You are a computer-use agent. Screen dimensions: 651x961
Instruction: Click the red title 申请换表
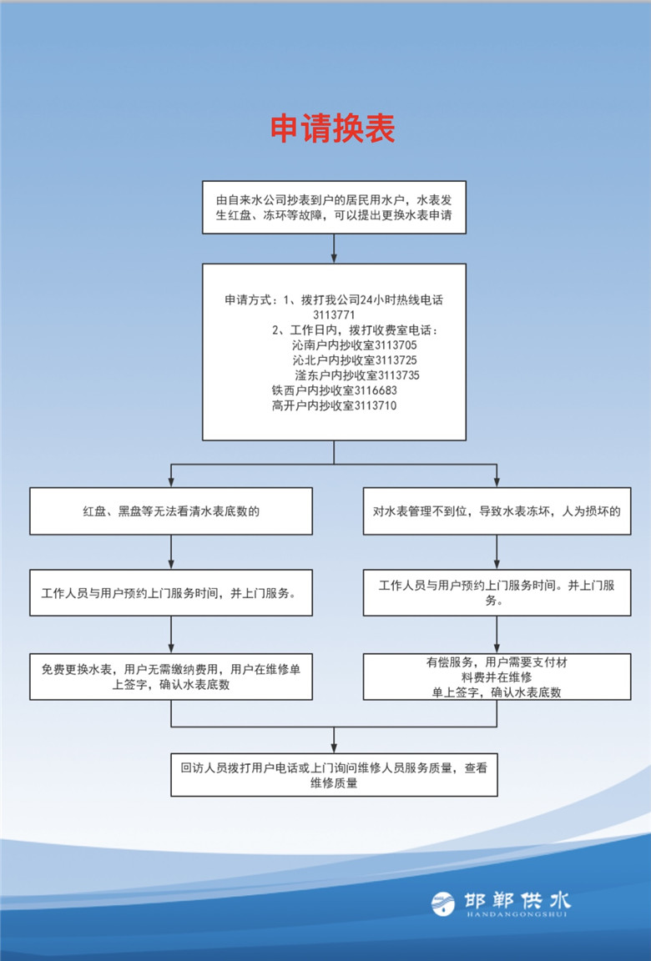click(333, 128)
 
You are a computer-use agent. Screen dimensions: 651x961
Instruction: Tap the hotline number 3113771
click(334, 315)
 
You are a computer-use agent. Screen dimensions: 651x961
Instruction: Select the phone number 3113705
click(396, 345)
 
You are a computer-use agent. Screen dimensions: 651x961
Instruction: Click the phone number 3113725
click(396, 360)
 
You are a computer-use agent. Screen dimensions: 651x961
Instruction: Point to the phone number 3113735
click(399, 375)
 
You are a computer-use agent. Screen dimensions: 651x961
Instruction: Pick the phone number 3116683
click(376, 390)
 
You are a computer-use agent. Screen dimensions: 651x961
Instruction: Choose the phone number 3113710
click(375, 405)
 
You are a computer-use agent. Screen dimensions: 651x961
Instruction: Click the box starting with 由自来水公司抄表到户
click(334, 207)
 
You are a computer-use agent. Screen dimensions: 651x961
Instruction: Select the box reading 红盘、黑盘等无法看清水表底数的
click(171, 511)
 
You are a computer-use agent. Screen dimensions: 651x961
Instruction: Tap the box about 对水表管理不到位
click(497, 511)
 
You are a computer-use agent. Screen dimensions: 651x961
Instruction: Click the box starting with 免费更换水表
click(171, 677)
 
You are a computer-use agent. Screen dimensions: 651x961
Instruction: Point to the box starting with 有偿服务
click(497, 677)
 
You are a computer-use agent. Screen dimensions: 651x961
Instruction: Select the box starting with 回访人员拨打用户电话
click(334, 775)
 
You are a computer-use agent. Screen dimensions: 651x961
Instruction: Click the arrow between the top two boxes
click(334, 249)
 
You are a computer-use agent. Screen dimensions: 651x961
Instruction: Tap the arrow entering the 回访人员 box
click(334, 741)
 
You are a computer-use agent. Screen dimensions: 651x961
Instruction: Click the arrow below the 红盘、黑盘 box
click(171, 552)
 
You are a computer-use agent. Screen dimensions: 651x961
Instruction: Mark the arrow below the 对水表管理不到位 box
click(497, 552)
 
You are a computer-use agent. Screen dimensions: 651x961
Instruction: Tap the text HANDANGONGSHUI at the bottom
click(517, 914)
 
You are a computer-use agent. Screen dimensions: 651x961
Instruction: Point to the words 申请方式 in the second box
click(248, 299)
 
